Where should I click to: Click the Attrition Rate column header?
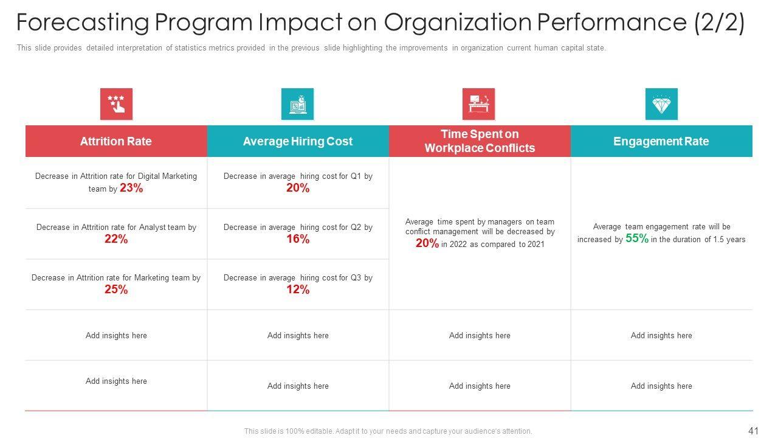[x=115, y=141]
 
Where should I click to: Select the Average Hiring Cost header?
[x=297, y=141]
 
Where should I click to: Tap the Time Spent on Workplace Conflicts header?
[x=480, y=141]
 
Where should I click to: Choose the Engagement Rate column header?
[x=661, y=141]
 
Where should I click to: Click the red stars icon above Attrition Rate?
[x=116, y=104]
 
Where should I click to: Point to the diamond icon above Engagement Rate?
[x=661, y=104]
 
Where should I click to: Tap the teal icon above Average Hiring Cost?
[x=297, y=104]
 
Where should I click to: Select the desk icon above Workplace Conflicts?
[x=478, y=104]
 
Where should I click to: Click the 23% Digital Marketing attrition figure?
[x=131, y=189]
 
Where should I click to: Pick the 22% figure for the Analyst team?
[x=116, y=239]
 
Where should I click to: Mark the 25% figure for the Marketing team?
[x=116, y=290]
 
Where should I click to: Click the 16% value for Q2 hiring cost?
[x=298, y=239]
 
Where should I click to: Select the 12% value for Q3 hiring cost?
[x=298, y=290]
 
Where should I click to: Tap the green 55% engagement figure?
[x=637, y=238]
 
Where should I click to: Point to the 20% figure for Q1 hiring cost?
[x=298, y=189]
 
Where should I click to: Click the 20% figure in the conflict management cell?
[x=427, y=243]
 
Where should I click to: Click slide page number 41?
[x=754, y=431]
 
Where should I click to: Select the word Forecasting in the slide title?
[x=82, y=23]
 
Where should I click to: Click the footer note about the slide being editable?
[x=388, y=431]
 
